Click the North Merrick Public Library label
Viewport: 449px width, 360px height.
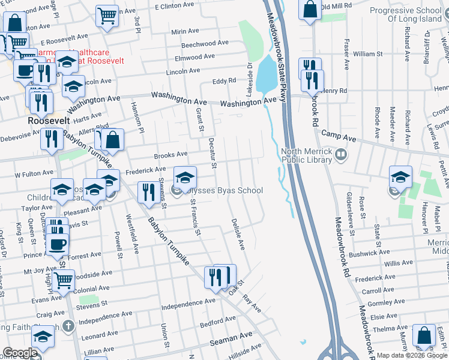306,156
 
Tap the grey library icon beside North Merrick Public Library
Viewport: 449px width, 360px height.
341,155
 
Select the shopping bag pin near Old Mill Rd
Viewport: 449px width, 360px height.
310,10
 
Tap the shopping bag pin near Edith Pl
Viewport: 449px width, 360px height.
424,336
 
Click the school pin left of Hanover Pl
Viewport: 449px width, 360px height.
400,177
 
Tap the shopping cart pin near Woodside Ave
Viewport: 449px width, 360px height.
63,280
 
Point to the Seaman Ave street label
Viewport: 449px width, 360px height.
231,341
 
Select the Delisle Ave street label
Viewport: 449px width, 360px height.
238,234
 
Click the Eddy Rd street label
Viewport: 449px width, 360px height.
224,81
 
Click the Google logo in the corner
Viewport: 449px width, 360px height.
20,353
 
